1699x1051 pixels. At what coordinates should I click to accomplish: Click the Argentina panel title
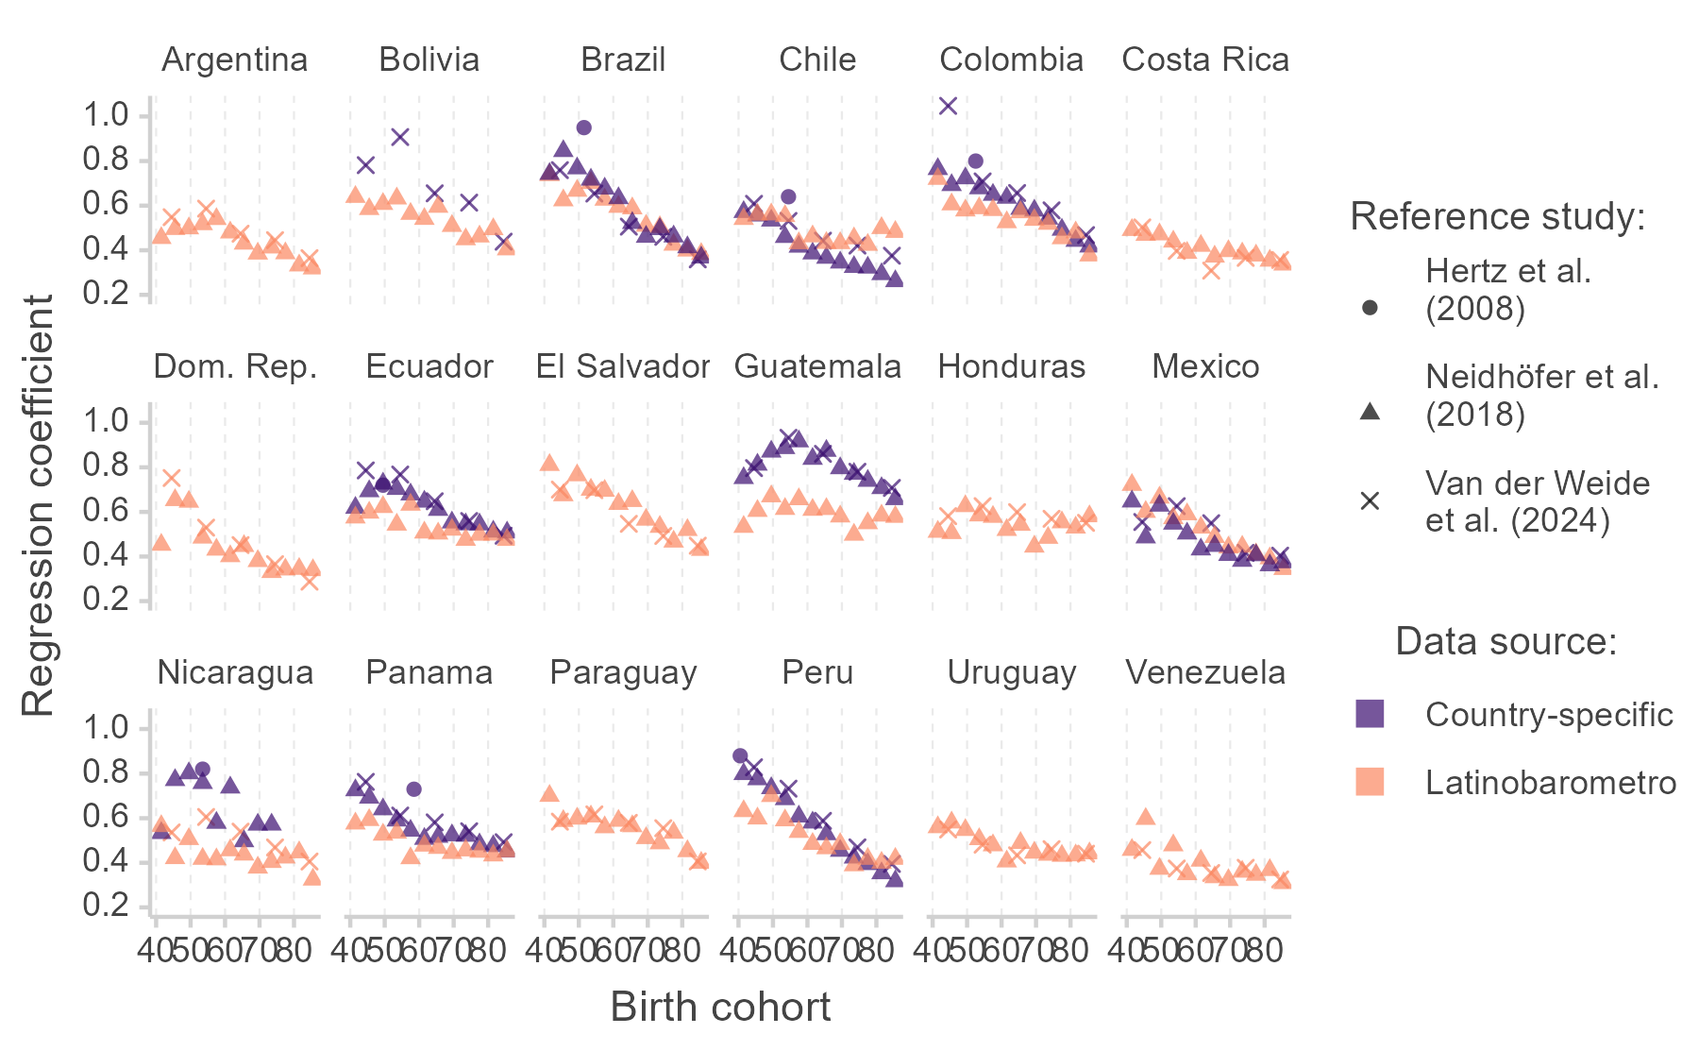[234, 59]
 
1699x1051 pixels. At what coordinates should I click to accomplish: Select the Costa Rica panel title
[1205, 59]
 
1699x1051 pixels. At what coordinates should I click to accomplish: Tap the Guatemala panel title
[817, 366]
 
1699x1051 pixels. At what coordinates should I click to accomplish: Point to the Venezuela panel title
[1205, 672]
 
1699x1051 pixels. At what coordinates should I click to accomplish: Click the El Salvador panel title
[623, 366]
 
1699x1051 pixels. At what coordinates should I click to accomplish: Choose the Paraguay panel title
[623, 672]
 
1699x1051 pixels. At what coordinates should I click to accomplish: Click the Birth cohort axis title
[720, 1007]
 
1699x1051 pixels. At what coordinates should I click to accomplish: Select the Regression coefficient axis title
[38, 505]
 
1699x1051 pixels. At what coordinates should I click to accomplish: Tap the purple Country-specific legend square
[1370, 714]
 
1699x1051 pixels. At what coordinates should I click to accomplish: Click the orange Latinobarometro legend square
[1370, 782]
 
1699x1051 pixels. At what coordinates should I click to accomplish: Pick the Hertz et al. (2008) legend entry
[1507, 289]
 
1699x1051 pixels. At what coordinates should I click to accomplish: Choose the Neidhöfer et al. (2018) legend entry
[1541, 395]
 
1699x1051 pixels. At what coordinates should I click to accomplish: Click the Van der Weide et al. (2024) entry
[1537, 501]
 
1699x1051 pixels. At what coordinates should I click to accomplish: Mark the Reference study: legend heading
[1498, 216]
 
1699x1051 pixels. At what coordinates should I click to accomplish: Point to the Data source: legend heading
[1506, 641]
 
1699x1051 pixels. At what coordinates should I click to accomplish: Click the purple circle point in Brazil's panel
[583, 127]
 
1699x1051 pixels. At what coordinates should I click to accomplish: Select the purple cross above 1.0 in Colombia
[948, 106]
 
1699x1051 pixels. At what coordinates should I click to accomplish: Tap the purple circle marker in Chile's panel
[788, 196]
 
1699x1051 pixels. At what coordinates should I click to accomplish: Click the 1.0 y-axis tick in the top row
[106, 115]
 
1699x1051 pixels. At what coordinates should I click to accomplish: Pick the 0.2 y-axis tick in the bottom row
[106, 906]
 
